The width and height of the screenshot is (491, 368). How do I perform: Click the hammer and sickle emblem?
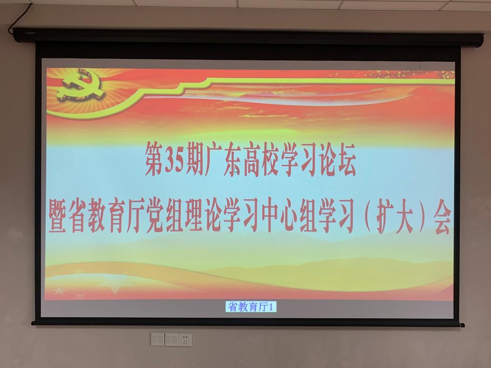[x=80, y=85]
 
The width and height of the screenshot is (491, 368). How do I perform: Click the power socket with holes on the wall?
[x=186, y=339]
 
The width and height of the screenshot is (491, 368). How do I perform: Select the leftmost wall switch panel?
[x=157, y=339]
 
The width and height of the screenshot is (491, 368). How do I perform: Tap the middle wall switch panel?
[x=171, y=339]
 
